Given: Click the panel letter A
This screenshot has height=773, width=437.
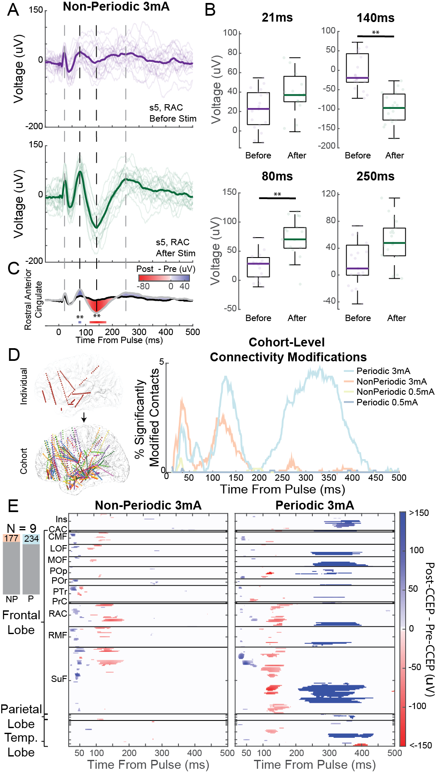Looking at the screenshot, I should [x=13, y=9].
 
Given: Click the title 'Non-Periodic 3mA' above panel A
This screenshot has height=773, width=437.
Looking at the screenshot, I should [x=116, y=7].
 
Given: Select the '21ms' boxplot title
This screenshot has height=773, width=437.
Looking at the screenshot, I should [x=277, y=18].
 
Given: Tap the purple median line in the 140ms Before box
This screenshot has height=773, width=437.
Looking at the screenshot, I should [x=357, y=78].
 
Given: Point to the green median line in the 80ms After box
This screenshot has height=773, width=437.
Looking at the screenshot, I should [x=295, y=239].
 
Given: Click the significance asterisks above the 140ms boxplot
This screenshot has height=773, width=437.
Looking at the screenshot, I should [x=376, y=33].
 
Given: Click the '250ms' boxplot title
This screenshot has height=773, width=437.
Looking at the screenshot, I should [x=375, y=177].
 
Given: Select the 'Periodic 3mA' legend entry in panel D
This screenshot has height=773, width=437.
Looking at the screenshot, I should [x=383, y=371].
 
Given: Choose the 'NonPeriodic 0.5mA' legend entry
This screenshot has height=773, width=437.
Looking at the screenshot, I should [x=395, y=392].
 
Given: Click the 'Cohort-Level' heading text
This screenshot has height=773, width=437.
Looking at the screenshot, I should [x=287, y=343].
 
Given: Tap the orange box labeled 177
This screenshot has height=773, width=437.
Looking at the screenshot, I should [x=11, y=538].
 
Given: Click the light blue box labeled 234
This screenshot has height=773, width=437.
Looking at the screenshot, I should [x=31, y=539].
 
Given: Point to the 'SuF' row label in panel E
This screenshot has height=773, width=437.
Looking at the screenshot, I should [x=59, y=679].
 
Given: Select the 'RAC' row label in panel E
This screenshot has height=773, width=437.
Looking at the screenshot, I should [x=58, y=614].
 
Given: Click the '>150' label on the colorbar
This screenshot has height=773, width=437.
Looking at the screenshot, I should [x=419, y=513].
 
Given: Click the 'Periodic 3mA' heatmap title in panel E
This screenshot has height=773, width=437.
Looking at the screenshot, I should [x=315, y=505].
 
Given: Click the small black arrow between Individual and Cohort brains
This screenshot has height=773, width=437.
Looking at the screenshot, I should [x=84, y=418].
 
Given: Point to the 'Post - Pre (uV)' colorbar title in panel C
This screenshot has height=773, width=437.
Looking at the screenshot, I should [x=166, y=269].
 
